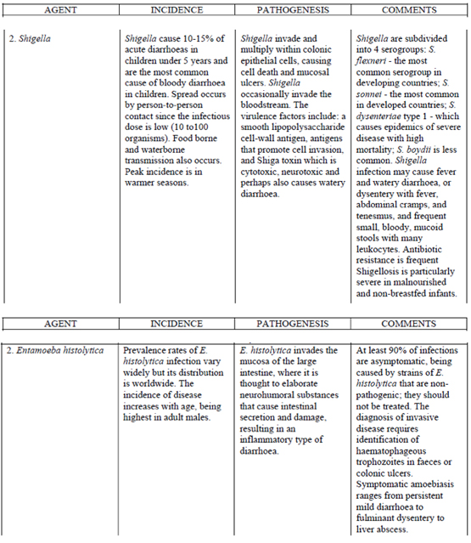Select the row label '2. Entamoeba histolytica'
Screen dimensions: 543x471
(x=58, y=349)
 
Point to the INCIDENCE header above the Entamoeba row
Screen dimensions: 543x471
(x=177, y=323)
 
